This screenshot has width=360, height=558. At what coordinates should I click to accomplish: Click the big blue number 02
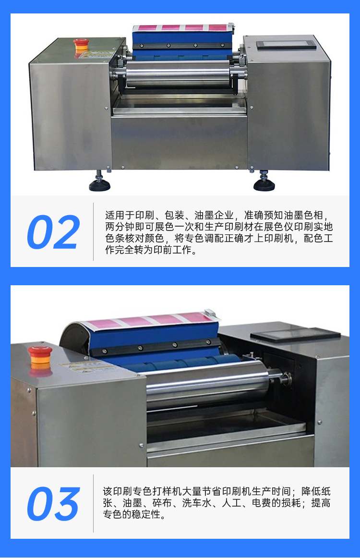click(53, 232)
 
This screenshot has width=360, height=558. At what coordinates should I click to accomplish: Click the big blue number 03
click(53, 504)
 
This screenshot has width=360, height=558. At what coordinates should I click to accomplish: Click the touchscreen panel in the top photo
click(287, 45)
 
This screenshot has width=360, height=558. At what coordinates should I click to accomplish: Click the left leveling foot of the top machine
click(100, 182)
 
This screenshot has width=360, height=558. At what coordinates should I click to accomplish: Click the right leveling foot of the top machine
click(264, 182)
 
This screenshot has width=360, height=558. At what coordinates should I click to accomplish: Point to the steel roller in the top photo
click(178, 73)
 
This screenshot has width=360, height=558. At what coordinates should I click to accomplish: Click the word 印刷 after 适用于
click(144, 215)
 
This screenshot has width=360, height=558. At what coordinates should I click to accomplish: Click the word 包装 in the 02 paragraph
click(174, 215)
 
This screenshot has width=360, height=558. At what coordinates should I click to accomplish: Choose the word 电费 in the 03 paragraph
click(262, 503)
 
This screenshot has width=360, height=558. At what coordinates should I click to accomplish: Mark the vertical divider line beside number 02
click(94, 231)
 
